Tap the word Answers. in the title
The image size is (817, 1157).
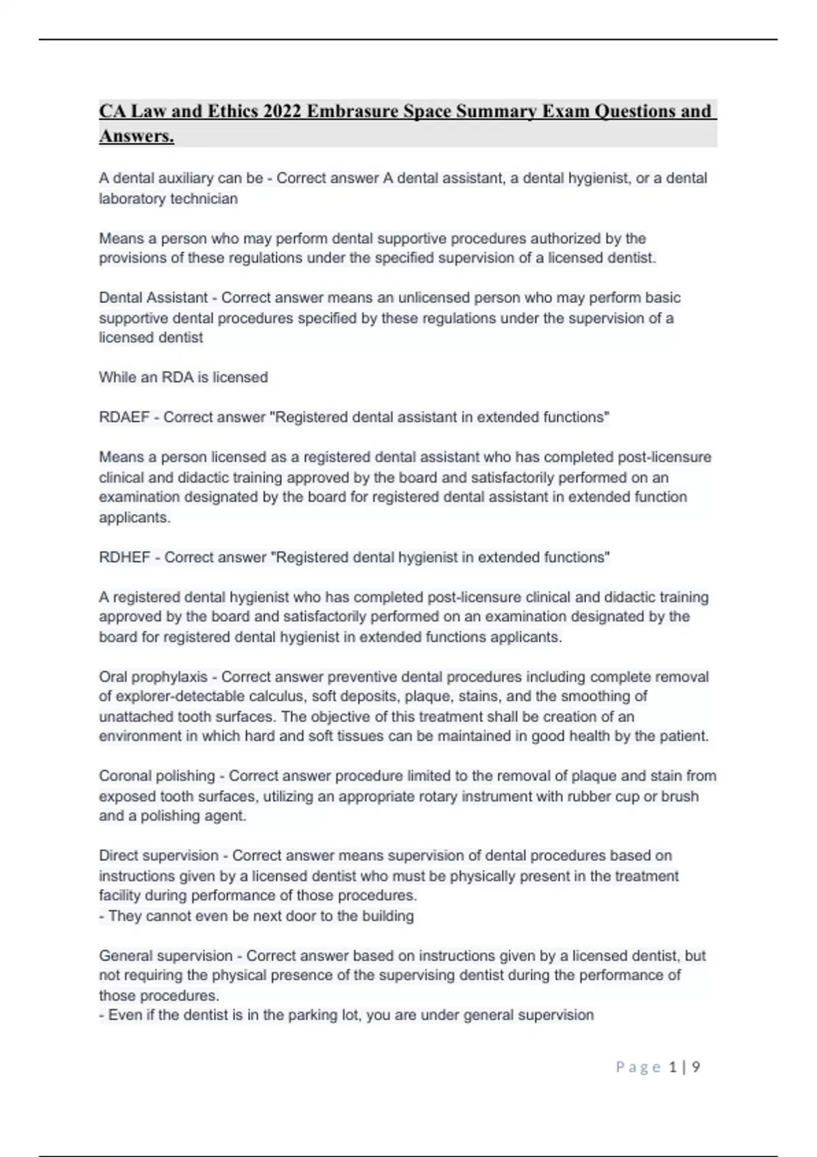137,136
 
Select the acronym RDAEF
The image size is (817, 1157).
124,417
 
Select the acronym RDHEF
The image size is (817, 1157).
125,557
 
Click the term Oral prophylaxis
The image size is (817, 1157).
153,677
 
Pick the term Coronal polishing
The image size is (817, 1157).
157,776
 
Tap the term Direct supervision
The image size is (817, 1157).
159,855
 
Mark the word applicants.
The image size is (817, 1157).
134,517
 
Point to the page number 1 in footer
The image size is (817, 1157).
673,1067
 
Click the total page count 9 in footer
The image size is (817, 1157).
696,1067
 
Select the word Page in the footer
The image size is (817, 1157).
638,1067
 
